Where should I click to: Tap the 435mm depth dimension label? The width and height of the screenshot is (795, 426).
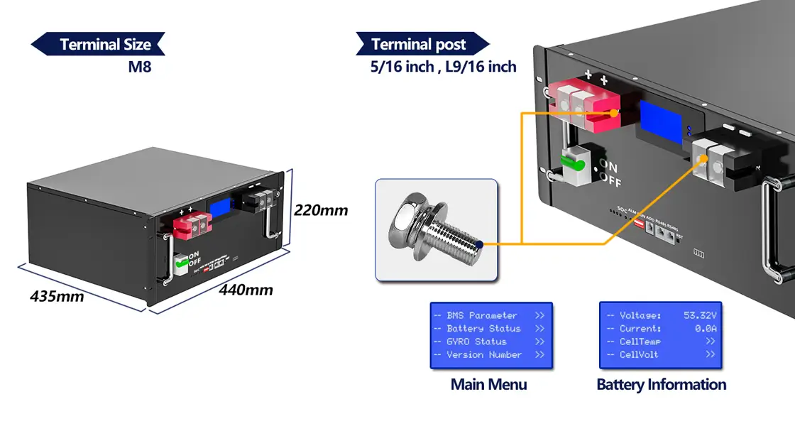(x=57, y=295)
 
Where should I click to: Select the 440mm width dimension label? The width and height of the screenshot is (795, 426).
(x=246, y=290)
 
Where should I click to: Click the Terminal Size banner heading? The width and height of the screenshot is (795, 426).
(x=104, y=44)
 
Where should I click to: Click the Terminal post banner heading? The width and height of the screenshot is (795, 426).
(x=419, y=44)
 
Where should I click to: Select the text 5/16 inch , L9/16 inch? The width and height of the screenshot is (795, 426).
(x=443, y=67)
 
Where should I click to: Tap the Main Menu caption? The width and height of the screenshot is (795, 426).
(x=488, y=385)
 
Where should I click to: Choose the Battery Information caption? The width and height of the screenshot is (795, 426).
(x=661, y=385)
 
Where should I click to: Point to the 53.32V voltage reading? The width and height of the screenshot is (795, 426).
(x=699, y=315)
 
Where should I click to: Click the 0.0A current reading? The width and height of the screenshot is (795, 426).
(x=705, y=329)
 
